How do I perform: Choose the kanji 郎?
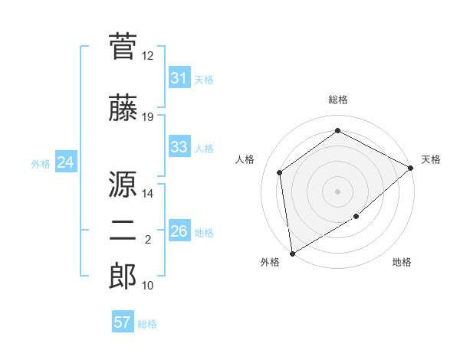(x=123, y=277)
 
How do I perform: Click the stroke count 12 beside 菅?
(x=148, y=56)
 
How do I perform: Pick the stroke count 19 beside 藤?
(x=148, y=117)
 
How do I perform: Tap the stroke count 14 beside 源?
(x=148, y=193)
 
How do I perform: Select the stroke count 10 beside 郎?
(x=148, y=286)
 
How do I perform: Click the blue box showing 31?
(x=179, y=78)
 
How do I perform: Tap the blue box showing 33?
(x=179, y=147)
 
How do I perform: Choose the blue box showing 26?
(x=179, y=231)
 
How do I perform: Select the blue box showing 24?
(x=65, y=162)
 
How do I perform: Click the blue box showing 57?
(x=122, y=322)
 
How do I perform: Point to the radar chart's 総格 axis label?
(x=338, y=100)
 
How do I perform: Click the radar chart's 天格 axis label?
(x=432, y=159)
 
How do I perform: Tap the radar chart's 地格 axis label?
(x=402, y=263)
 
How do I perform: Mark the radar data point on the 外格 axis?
(x=292, y=253)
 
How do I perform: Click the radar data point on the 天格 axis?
(x=411, y=168)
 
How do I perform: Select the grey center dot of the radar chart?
(x=338, y=191)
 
